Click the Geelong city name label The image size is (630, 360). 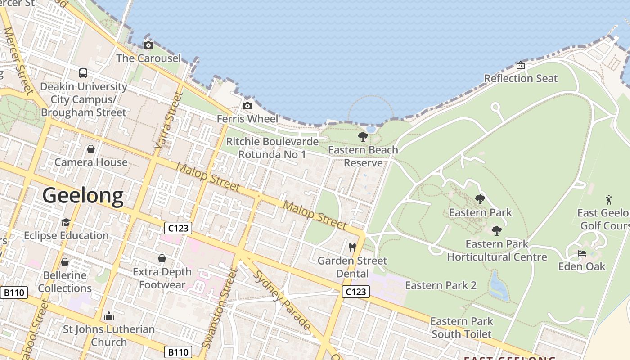point(83,196)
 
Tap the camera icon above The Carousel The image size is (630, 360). point(148,45)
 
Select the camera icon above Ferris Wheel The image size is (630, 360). point(247,106)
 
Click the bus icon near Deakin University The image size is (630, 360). point(83,73)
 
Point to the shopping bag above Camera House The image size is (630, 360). point(91,148)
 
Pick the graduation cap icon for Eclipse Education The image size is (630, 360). point(66,222)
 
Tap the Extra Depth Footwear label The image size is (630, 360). point(162,278)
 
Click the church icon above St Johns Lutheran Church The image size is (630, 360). point(108,316)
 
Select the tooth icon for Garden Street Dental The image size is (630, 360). point(352,247)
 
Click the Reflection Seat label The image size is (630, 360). point(521,78)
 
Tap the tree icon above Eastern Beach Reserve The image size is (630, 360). point(363,137)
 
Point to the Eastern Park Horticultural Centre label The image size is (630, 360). point(497,251)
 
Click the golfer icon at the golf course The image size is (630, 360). point(609,199)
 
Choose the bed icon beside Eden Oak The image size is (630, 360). point(582,253)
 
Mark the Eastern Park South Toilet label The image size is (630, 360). point(462,328)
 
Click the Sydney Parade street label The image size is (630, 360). point(283,300)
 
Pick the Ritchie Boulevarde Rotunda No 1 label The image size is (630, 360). point(272,148)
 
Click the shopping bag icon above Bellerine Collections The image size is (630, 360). point(65,262)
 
